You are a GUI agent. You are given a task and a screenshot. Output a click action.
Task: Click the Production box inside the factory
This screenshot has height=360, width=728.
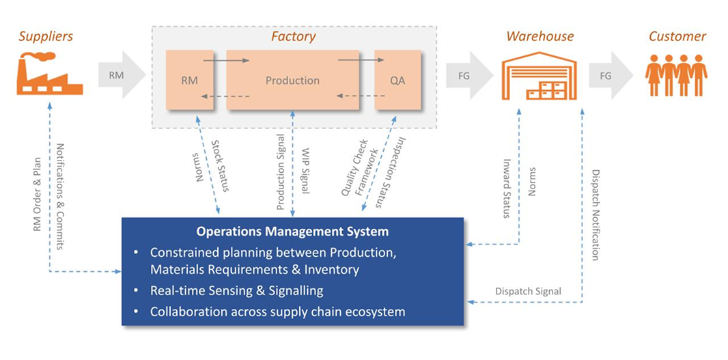[292, 81]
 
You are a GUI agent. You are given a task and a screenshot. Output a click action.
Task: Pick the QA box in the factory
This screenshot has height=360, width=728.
[397, 81]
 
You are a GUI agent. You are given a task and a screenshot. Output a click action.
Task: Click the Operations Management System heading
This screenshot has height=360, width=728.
[292, 232]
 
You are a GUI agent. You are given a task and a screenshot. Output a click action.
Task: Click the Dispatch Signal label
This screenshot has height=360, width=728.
[528, 291]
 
